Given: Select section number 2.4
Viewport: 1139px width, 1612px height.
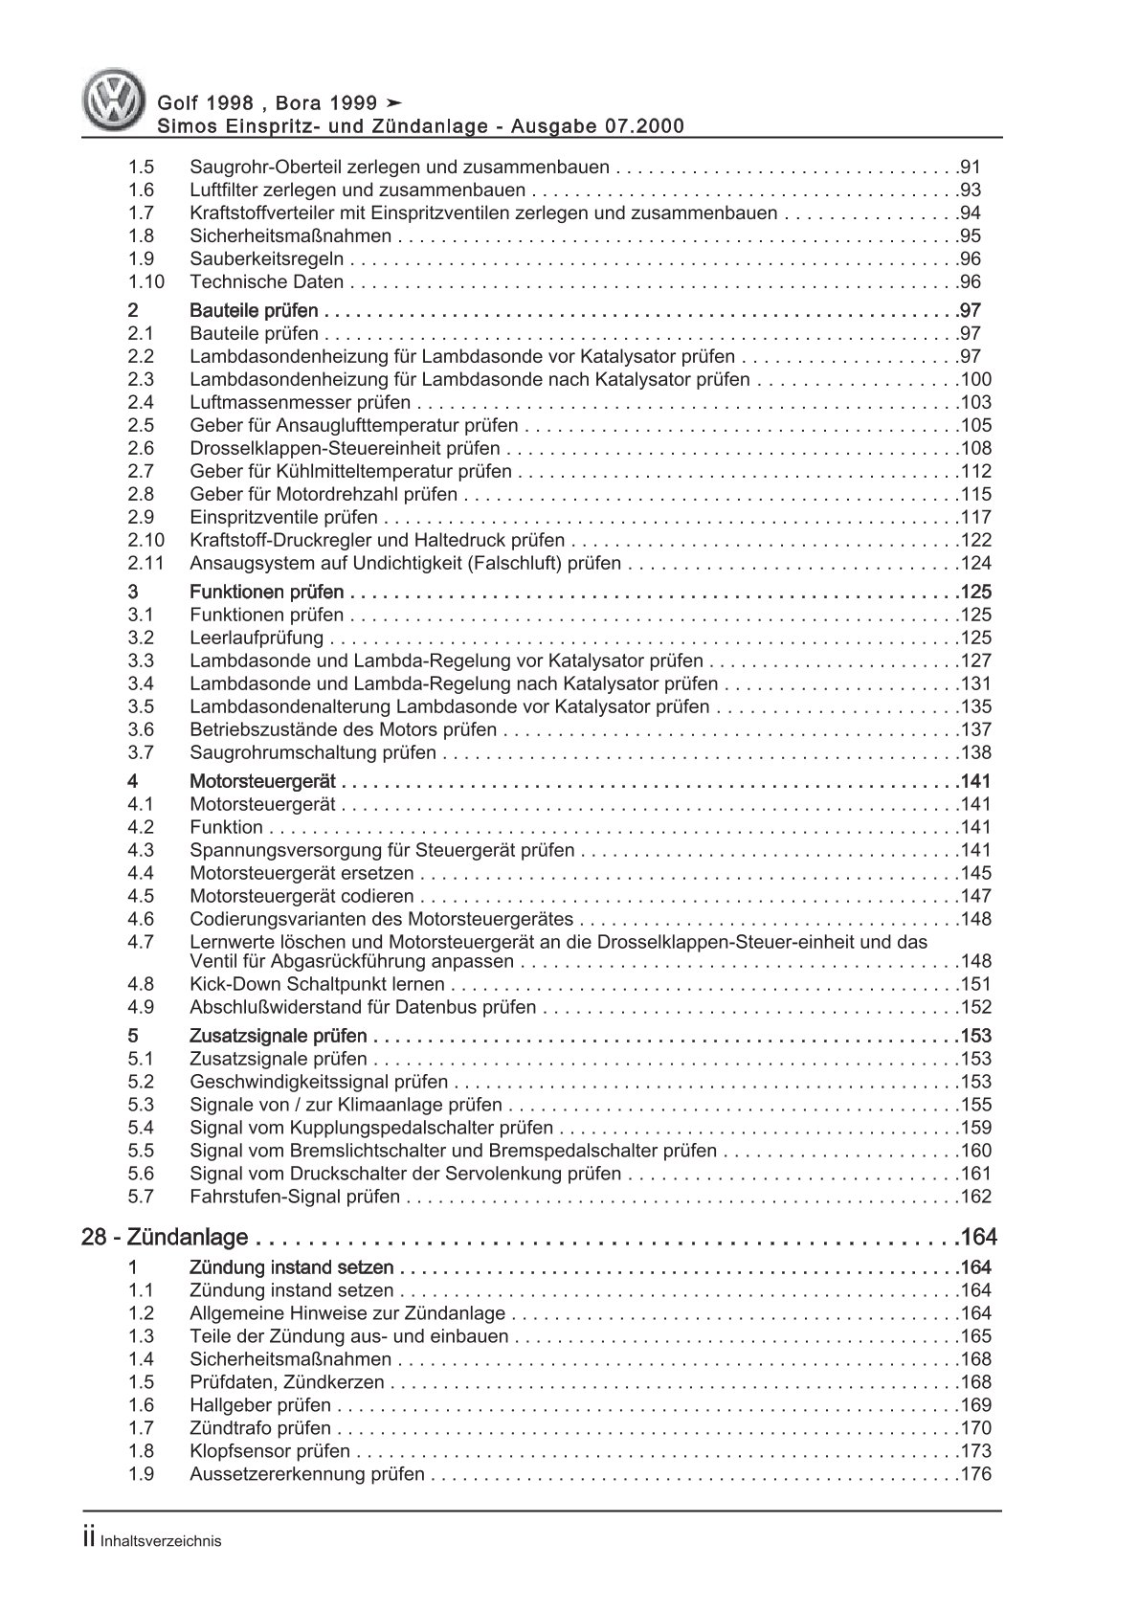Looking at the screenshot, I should [141, 402].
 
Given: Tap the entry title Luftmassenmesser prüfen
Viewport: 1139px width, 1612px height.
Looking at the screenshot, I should [300, 402].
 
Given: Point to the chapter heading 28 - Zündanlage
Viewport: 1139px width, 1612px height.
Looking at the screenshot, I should [166, 1238].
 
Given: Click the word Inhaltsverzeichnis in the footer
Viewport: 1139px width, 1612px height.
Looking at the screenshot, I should [161, 1541].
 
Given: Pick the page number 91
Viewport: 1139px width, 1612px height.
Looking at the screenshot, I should [970, 167].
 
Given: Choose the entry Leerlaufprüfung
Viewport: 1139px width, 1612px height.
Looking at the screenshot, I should [257, 638].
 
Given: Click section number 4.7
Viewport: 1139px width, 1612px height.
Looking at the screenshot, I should [141, 942].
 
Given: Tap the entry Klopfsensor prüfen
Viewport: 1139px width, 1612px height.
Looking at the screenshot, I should [270, 1451].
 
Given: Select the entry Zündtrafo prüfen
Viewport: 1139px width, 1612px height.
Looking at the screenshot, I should [260, 1428].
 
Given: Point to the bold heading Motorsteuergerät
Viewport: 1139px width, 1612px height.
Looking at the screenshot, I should [262, 781].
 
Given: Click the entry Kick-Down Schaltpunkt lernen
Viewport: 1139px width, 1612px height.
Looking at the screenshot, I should [317, 984].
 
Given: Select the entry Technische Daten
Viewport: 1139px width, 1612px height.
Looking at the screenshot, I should [266, 281].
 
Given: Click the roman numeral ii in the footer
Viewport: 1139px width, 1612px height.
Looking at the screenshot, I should [88, 1539].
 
